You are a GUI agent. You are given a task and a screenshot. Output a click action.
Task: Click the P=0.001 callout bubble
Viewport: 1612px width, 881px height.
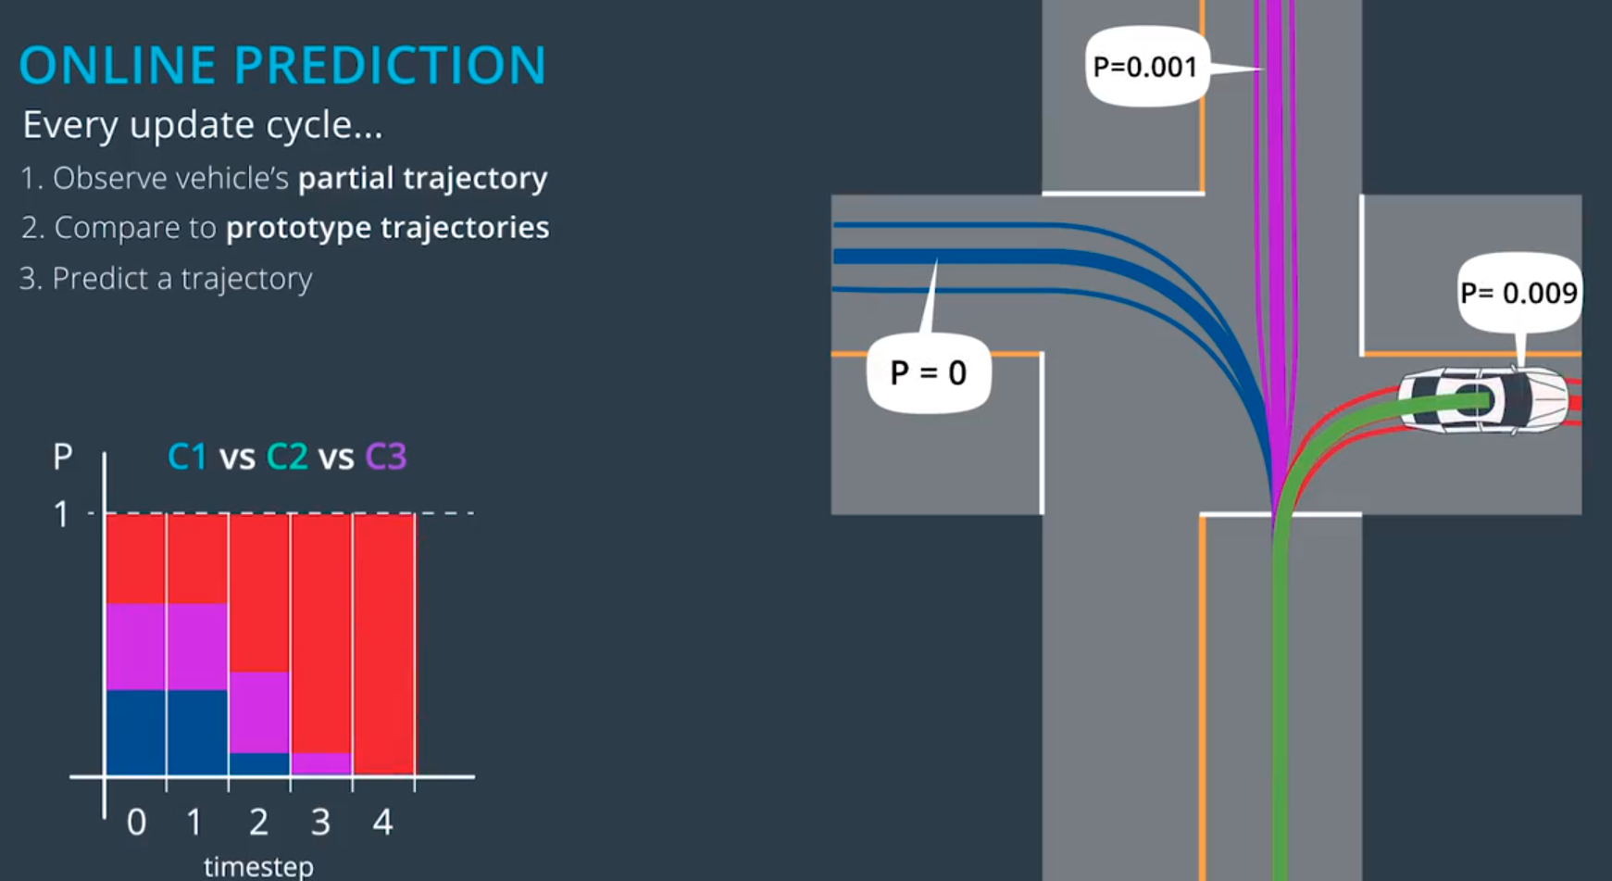click(1146, 67)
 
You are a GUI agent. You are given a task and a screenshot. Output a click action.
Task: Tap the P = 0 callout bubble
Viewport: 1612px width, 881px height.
click(929, 372)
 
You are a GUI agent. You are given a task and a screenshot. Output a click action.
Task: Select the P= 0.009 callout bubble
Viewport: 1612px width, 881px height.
click(1518, 293)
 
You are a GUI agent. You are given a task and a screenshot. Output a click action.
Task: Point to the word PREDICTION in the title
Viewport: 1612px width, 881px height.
click(390, 66)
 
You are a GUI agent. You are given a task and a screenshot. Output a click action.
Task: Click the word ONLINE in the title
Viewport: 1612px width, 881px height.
click(119, 66)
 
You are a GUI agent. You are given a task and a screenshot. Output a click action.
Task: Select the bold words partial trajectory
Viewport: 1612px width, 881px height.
click(422, 178)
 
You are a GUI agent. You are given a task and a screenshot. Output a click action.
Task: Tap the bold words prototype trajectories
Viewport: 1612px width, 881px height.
click(387, 228)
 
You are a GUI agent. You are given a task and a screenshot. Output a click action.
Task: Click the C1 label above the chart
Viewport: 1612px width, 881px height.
click(187, 457)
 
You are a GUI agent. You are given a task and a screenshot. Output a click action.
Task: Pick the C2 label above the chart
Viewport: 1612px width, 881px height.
click(287, 457)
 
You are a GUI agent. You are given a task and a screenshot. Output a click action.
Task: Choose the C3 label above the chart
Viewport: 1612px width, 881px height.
click(385, 457)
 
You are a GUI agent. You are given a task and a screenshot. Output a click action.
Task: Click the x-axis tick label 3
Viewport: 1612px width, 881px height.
click(320, 822)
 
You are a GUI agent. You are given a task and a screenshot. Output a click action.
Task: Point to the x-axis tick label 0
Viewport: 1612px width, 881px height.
click(136, 822)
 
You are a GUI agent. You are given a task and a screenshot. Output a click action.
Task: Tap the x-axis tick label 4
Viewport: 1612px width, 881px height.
click(382, 822)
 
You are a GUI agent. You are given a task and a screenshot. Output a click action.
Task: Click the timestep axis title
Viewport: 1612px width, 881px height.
click(258, 867)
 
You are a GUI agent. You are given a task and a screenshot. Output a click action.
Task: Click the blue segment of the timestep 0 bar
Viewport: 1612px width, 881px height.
click(136, 732)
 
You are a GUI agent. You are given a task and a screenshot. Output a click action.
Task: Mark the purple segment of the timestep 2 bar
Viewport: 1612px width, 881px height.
click(259, 711)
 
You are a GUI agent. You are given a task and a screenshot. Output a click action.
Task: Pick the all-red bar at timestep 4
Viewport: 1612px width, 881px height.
click(383, 644)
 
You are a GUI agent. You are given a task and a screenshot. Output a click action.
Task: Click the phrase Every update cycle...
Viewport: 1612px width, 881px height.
click(202, 125)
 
